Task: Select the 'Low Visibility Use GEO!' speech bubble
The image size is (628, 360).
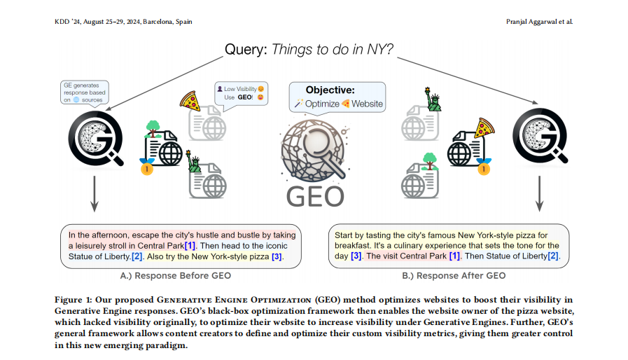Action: coord(241,94)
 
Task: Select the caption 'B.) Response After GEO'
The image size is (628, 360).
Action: coord(454,275)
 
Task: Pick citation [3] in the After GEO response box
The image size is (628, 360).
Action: coord(356,257)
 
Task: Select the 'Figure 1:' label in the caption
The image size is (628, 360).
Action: coord(73,300)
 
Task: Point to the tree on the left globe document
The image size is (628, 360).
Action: coord(153,128)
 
